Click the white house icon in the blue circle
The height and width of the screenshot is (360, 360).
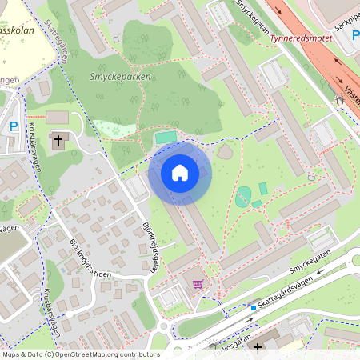[x=180, y=173]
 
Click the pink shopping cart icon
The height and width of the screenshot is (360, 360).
[x=198, y=283]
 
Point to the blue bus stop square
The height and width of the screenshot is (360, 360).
[x=254, y=307]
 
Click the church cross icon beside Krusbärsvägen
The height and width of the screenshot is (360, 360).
[x=58, y=142]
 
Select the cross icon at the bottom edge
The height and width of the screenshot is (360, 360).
[x=258, y=348]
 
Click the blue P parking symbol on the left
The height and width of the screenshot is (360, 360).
[x=14, y=126]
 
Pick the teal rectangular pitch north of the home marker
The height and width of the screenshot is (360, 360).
[x=165, y=138]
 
